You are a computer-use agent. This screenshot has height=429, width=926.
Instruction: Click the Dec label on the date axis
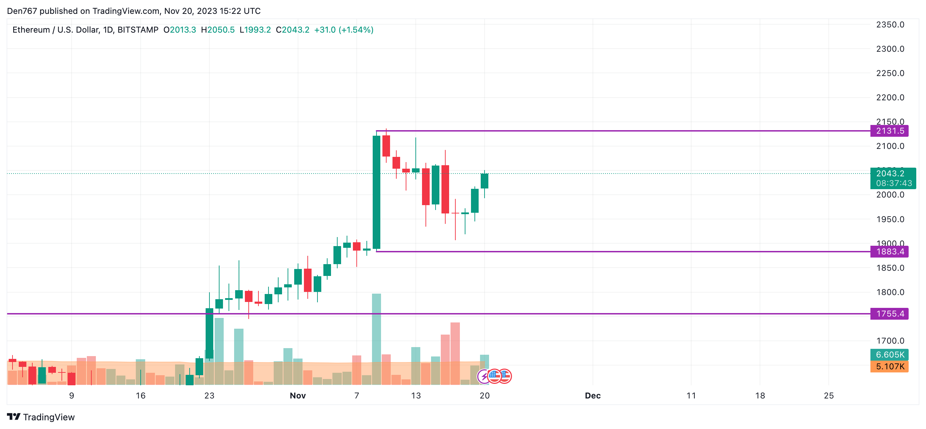[593, 396]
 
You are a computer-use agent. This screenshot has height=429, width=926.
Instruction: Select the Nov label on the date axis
[298, 396]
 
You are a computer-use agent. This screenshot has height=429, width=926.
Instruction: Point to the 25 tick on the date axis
[829, 396]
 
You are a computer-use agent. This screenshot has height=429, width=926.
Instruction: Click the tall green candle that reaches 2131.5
[377, 192]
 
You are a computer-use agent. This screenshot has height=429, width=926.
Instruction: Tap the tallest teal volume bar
[377, 338]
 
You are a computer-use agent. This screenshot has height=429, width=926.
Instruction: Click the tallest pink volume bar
[455, 352]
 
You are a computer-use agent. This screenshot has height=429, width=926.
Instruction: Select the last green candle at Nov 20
[484, 181]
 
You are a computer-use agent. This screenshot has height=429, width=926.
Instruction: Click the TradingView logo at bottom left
[41, 417]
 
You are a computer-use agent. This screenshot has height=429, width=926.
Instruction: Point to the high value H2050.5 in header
[218, 30]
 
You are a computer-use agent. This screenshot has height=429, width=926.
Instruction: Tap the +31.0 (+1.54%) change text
[344, 30]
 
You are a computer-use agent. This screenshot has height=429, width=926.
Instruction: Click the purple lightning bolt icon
[483, 377]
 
